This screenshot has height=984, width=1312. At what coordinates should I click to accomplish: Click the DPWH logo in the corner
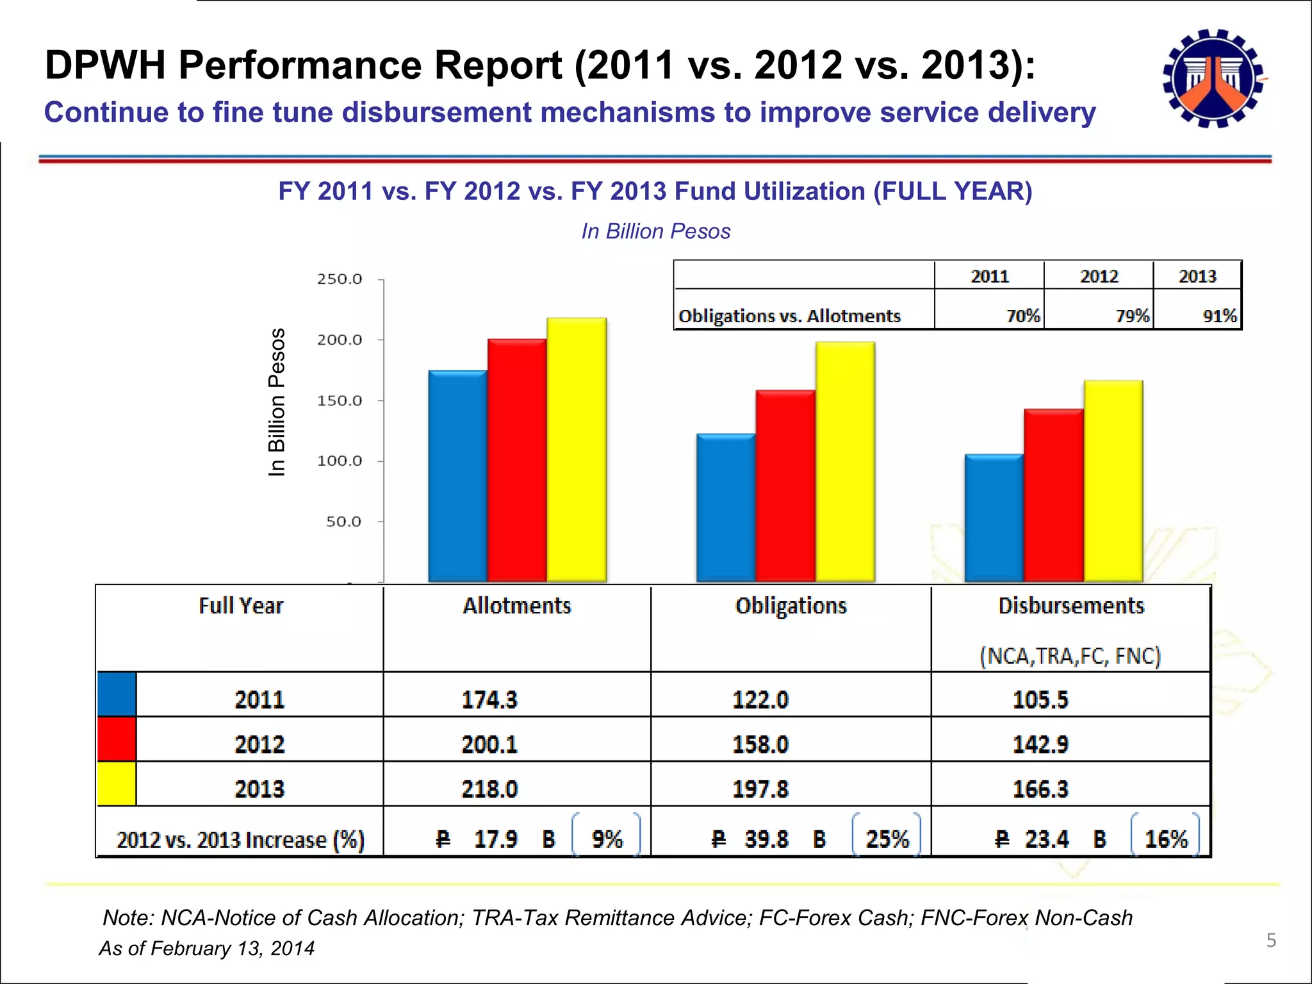(x=1213, y=78)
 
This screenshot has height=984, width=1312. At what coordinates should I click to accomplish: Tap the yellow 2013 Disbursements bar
(x=1113, y=481)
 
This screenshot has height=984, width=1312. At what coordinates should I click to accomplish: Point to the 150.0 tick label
(x=340, y=401)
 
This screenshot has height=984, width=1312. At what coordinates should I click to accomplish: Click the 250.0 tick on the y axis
(x=340, y=279)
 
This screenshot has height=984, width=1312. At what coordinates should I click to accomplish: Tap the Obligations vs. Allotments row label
(x=789, y=316)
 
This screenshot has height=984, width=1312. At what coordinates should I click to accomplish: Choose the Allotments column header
(x=516, y=606)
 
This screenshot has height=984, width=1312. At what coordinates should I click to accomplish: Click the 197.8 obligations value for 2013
(x=760, y=789)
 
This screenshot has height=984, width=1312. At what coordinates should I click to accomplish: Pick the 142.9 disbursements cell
(x=1040, y=744)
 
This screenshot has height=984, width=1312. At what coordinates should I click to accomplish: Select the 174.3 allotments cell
(x=489, y=700)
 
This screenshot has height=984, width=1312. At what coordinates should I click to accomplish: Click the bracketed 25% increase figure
(x=887, y=839)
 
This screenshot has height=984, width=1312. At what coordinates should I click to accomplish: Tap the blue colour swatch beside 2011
(x=117, y=694)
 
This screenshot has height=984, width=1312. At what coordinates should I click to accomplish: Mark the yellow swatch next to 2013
(x=117, y=783)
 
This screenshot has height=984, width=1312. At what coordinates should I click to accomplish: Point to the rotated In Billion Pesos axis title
(x=276, y=402)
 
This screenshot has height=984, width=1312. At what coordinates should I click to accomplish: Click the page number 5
(x=1271, y=940)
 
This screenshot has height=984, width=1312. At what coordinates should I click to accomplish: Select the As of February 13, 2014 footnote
(x=207, y=948)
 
